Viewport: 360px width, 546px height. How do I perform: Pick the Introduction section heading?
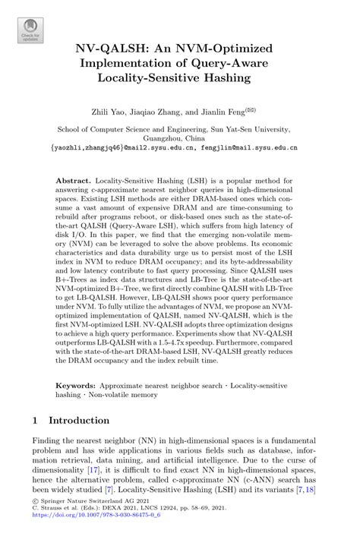coord(79,420)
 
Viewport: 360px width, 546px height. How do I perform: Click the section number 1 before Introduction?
coord(36,420)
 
